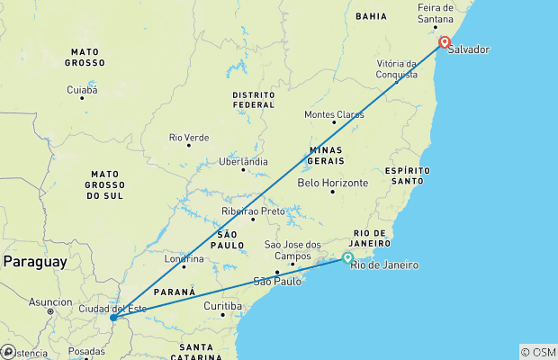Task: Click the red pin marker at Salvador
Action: [445, 41]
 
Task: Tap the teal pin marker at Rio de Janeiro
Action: [348, 258]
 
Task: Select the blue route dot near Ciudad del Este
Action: [112, 318]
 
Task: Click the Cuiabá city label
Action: [82, 89]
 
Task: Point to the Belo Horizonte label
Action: [332, 182]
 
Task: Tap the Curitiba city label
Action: [222, 305]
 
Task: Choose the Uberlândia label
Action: [244, 161]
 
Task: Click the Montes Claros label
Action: [334, 114]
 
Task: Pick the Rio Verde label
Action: [189, 137]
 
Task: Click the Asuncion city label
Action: [49, 301]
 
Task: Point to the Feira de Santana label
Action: [441, 13]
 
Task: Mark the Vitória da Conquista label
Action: [396, 69]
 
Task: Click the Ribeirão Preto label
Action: [253, 211]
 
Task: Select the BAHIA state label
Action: [371, 16]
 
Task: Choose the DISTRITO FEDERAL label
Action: [253, 99]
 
